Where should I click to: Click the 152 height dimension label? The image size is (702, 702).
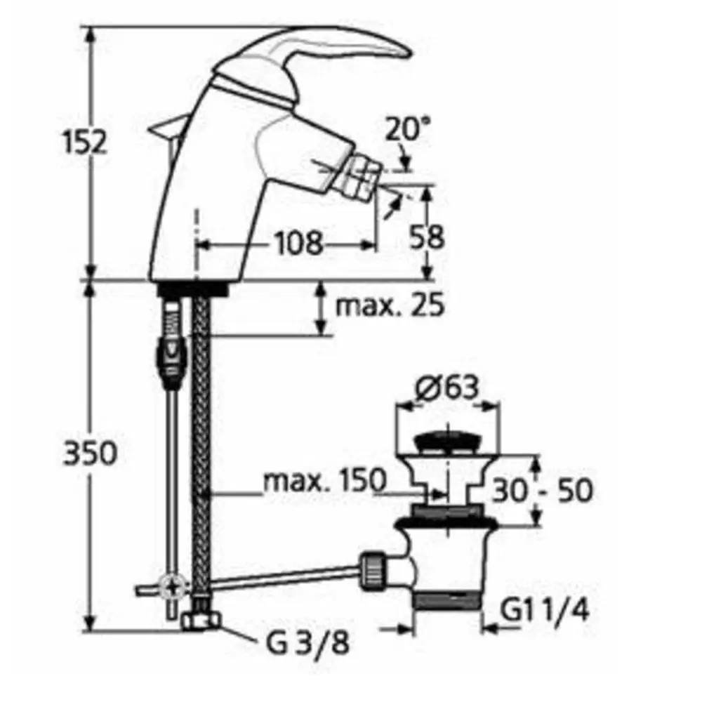point(84,142)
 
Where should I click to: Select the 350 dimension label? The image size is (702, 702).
point(90,453)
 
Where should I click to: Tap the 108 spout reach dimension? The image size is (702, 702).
point(298,244)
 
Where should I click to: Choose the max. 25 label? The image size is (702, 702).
point(390,305)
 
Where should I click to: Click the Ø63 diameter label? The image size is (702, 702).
point(446,387)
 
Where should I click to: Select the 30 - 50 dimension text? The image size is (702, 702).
point(542,490)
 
